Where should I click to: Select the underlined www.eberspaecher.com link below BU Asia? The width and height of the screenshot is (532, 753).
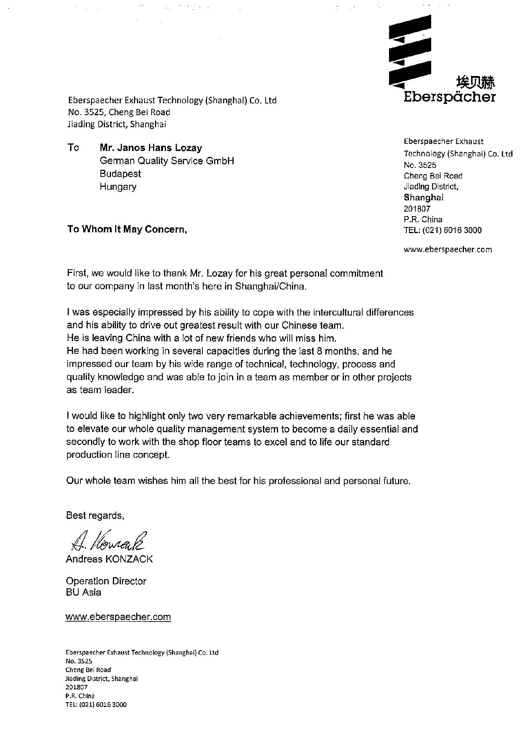coord(118,617)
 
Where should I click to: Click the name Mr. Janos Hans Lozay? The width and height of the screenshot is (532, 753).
coord(150,148)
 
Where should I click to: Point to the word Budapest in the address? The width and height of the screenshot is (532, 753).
coord(120,174)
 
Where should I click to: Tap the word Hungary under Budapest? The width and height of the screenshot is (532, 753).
coord(118,186)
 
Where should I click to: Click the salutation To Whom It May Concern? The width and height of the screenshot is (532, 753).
coord(127,229)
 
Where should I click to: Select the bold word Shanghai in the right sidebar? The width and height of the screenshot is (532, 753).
coord(423,197)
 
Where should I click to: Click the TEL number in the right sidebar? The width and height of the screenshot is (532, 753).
coord(442,230)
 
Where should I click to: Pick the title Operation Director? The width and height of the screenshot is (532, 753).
coord(106,581)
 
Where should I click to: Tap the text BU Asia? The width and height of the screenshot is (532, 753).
coord(84,592)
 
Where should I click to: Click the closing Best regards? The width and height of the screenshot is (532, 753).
coord(95,515)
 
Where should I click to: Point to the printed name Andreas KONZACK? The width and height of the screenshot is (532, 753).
coord(109,559)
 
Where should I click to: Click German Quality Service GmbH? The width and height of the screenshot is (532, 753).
coord(167,161)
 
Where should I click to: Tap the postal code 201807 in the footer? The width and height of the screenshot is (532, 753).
coord(76,687)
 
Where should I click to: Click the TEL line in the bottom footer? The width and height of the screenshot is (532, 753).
coord(96,704)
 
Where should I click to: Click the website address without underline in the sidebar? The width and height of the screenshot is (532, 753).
coord(447,249)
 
